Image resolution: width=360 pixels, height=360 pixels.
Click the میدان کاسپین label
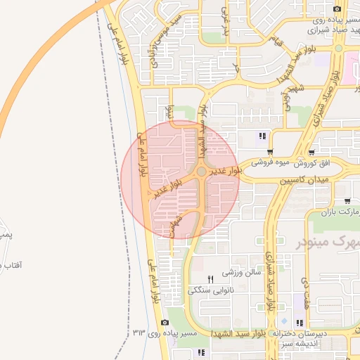pos(305,181)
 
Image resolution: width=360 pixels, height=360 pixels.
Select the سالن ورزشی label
pos(242,271)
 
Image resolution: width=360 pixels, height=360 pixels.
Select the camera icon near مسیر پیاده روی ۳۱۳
pos(165,323)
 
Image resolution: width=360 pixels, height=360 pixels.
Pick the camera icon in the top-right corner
pos(337,8)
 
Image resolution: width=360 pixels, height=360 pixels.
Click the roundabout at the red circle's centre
pos(202,172)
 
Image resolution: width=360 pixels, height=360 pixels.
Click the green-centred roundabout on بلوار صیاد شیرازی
pos(338,49)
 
